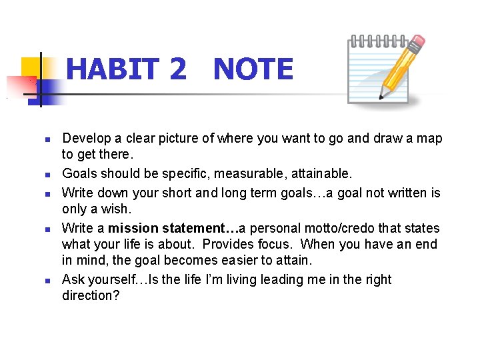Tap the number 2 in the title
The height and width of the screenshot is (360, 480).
[178, 69]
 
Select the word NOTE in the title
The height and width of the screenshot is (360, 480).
[253, 69]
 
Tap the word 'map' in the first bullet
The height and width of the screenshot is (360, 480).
[429, 139]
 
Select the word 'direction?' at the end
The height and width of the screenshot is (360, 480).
[91, 295]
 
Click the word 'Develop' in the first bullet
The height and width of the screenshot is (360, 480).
[85, 139]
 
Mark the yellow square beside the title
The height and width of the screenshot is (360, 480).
[31, 67]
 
